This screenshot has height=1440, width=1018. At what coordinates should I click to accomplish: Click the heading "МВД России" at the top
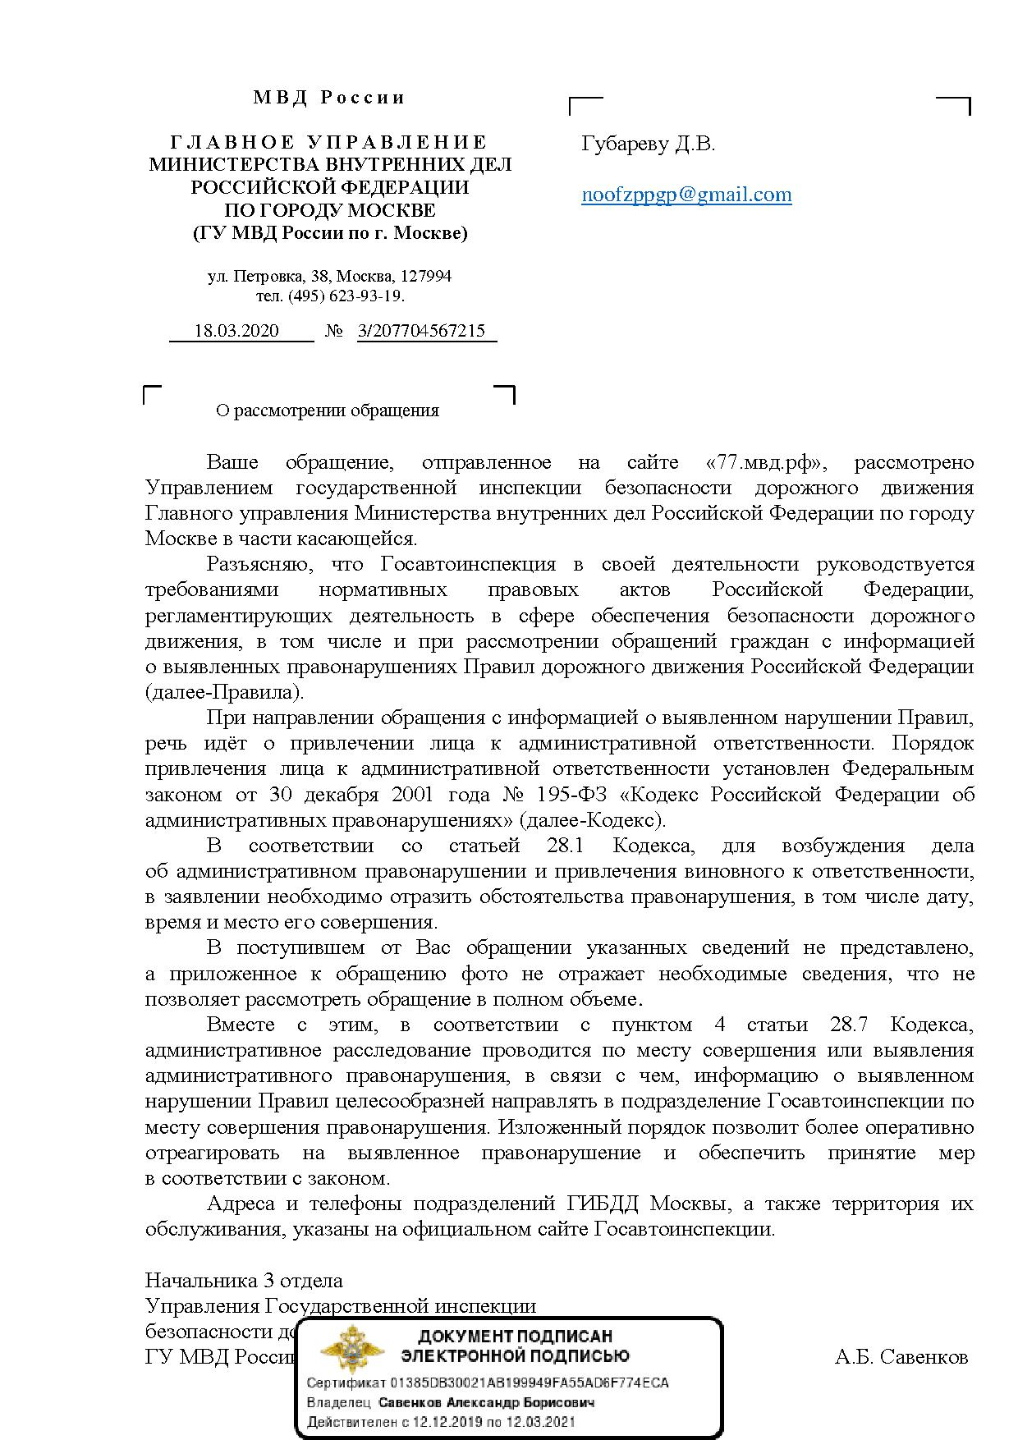point(329,98)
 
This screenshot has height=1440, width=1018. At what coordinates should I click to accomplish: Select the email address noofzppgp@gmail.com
point(686,195)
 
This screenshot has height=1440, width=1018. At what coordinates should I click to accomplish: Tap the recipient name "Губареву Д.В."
point(648,144)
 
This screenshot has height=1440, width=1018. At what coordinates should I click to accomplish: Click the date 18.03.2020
point(236,331)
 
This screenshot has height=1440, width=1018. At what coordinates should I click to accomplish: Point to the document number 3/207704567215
point(422,331)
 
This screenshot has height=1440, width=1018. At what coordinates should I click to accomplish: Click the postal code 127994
point(426,276)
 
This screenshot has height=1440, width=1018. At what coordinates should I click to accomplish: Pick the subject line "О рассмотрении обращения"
point(328,410)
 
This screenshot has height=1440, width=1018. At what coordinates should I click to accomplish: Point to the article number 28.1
point(565,845)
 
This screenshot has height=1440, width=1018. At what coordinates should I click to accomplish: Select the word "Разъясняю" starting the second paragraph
point(258,564)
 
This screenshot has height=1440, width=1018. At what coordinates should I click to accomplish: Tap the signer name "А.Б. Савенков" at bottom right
point(901,1357)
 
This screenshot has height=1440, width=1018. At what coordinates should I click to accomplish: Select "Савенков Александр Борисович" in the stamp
point(486,1402)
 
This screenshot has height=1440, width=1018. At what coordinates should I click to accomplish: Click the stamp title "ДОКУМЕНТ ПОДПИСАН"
point(515,1336)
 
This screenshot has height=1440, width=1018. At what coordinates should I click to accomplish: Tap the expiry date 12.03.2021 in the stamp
point(542,1422)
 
